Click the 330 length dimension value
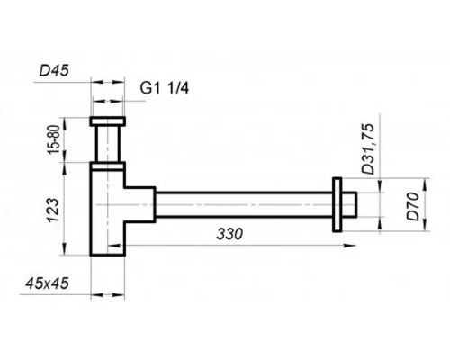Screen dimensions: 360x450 230,235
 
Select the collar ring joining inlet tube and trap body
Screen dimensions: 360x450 110,166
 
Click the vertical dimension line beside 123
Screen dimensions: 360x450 71,211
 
